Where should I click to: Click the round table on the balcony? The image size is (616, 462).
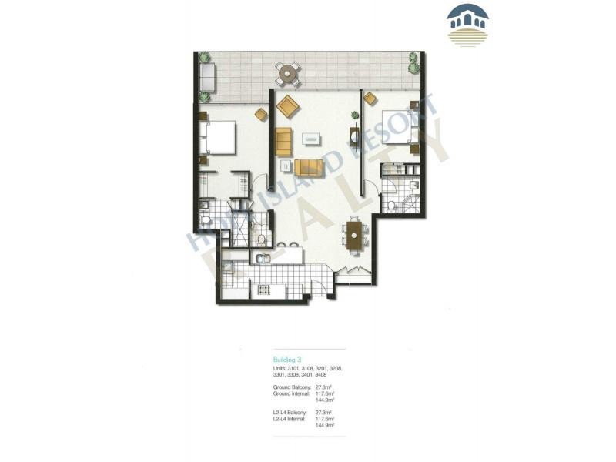(x=287, y=75)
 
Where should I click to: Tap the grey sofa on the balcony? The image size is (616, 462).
(x=207, y=77)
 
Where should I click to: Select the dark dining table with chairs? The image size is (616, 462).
(x=354, y=235)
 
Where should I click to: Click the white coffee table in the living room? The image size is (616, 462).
(x=312, y=139)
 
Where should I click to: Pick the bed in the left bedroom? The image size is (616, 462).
(x=219, y=139)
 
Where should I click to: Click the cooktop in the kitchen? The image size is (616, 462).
(x=262, y=290)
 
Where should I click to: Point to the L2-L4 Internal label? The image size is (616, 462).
(x=290, y=419)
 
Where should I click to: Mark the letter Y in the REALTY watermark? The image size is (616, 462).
(x=431, y=154)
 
